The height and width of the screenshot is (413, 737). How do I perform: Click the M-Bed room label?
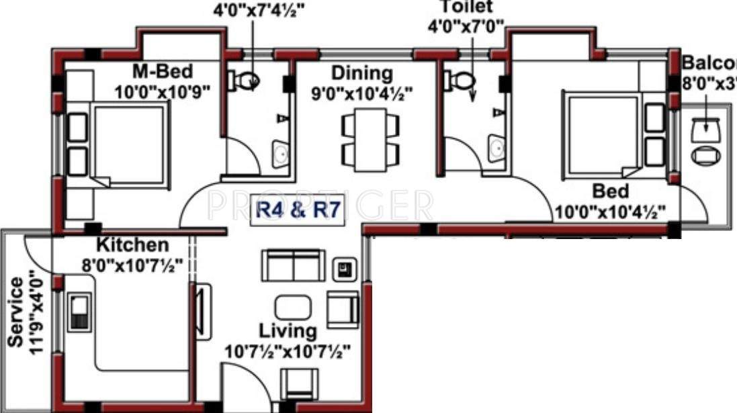pos(162,71)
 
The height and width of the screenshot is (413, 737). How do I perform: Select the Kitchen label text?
pos(132,244)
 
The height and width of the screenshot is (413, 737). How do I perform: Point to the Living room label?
pos(288,330)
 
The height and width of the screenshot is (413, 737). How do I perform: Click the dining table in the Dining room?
pos(370,139)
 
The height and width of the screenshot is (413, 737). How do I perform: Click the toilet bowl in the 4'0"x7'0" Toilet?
pos(460,80)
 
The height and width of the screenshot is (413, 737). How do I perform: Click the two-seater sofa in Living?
pos(293,266)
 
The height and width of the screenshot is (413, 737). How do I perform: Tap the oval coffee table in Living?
pos(294,308)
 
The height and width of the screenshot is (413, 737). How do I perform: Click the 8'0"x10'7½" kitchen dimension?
pos(132,264)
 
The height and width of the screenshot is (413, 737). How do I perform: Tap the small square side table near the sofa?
pos(345,270)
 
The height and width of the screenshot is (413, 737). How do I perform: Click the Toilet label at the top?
pos(466,7)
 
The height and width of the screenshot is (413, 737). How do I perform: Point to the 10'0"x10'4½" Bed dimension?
pos(610,212)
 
